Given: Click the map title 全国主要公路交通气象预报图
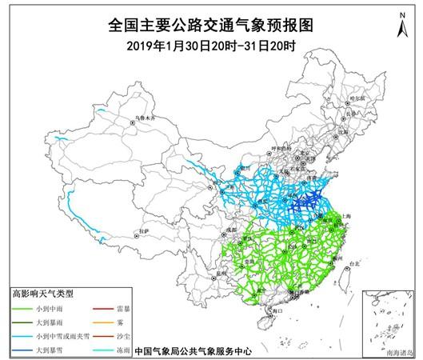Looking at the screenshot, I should [211, 26].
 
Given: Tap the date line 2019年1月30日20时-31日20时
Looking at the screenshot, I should [211, 46].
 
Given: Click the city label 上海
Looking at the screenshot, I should [346, 215].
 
